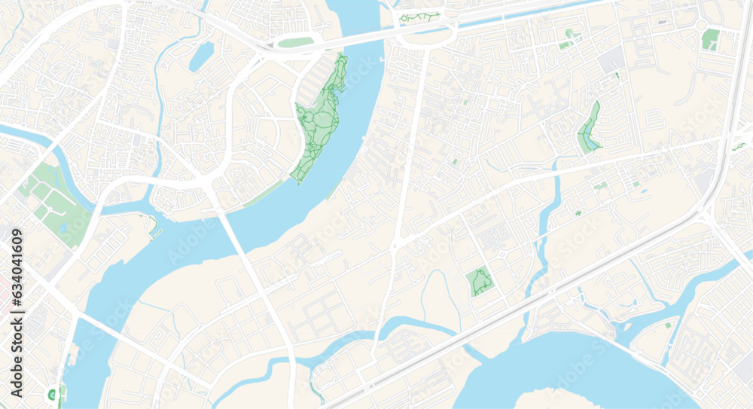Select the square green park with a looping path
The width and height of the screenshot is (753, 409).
(479, 282)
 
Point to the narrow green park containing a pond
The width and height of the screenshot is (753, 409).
(589, 128)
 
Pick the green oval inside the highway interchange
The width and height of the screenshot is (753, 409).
(295, 42)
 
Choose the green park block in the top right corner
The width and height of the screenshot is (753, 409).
(710, 39)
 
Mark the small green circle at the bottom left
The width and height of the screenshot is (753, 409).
(52, 393)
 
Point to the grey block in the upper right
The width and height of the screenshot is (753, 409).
(612, 59)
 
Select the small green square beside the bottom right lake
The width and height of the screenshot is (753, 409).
(668, 325)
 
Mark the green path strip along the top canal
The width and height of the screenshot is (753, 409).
(419, 17)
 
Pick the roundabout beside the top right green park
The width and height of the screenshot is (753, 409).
(702, 25)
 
